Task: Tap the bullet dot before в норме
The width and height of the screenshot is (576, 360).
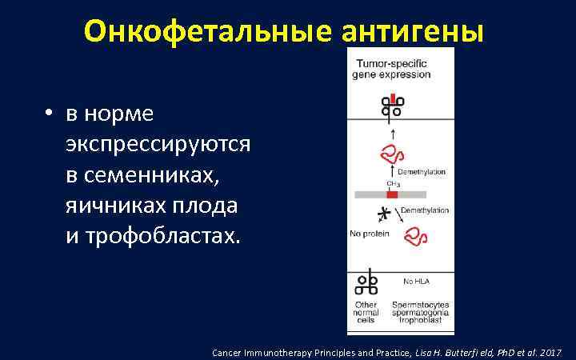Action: [50, 114]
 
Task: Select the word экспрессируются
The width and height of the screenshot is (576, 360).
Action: [158, 144]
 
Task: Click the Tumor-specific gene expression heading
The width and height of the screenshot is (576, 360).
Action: [391, 69]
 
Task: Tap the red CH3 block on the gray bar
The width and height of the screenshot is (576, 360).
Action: [392, 194]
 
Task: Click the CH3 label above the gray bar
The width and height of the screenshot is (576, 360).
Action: [393, 184]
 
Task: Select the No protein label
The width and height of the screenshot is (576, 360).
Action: [369, 234]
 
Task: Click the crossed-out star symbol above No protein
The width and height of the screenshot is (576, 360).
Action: [385, 214]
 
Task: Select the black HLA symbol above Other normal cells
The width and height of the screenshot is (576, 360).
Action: [366, 284]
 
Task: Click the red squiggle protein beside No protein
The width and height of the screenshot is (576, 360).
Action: [416, 235]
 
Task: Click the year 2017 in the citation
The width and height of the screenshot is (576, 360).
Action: [551, 352]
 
